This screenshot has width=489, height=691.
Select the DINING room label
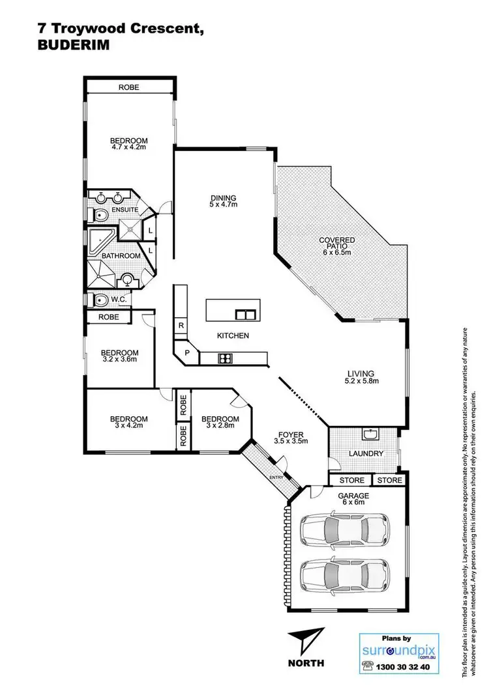[x=223, y=199]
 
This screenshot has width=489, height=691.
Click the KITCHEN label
[x=233, y=335]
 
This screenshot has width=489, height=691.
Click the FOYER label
[x=290, y=434]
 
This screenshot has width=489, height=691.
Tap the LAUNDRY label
[x=365, y=453]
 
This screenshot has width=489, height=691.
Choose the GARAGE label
[x=353, y=496]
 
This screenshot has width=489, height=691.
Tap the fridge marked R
[x=180, y=325]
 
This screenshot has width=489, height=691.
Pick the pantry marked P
[x=187, y=352]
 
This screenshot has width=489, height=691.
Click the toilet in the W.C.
[x=101, y=300]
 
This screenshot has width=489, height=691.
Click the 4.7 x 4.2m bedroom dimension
[x=128, y=147]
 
